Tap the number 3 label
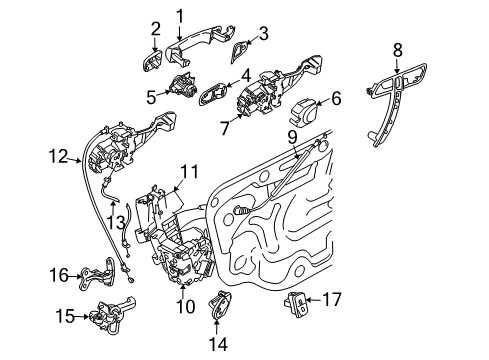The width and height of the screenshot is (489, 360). [x=263, y=34]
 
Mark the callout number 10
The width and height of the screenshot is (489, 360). [x=185, y=307]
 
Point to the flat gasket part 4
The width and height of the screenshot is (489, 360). [x=216, y=96]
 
